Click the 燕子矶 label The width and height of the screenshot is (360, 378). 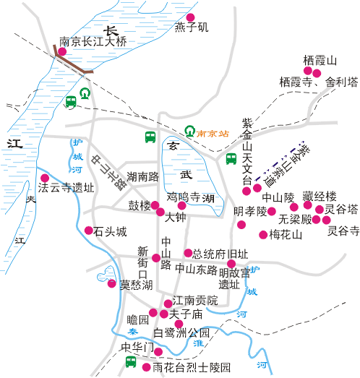click(191, 27)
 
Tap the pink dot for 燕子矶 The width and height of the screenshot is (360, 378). click(191, 17)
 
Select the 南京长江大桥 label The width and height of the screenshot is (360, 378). click(93, 42)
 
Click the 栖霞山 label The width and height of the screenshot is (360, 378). click(320, 59)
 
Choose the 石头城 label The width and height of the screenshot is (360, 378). click(111, 232)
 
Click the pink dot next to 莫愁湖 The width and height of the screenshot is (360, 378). click(111, 283)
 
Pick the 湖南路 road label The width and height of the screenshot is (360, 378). click(142, 176)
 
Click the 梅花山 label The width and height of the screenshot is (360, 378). click(284, 235)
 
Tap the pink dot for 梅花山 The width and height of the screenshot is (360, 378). click(263, 234)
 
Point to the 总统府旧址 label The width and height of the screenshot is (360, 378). click(220, 254)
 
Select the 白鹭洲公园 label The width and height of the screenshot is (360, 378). click(181, 333)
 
